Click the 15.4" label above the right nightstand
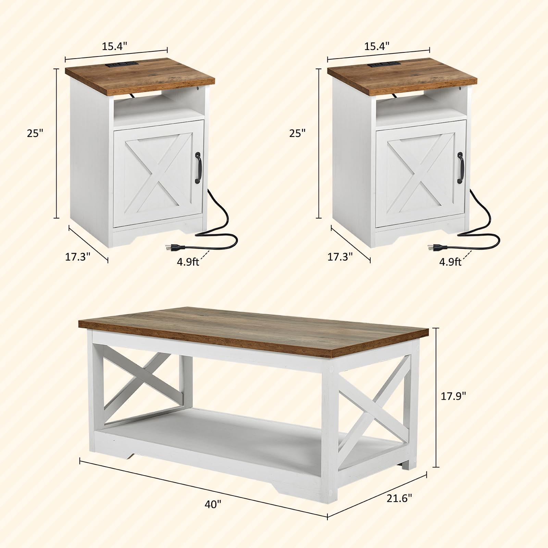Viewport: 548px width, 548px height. [377, 46]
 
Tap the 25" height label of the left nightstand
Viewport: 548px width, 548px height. [36, 133]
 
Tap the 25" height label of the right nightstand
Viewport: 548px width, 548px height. [297, 133]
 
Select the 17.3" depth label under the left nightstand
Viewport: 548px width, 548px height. [78, 257]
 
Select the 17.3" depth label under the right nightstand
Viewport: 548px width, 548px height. [340, 257]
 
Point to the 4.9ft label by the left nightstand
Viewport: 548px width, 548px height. [188, 262]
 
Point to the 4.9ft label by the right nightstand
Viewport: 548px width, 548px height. [450, 262]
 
